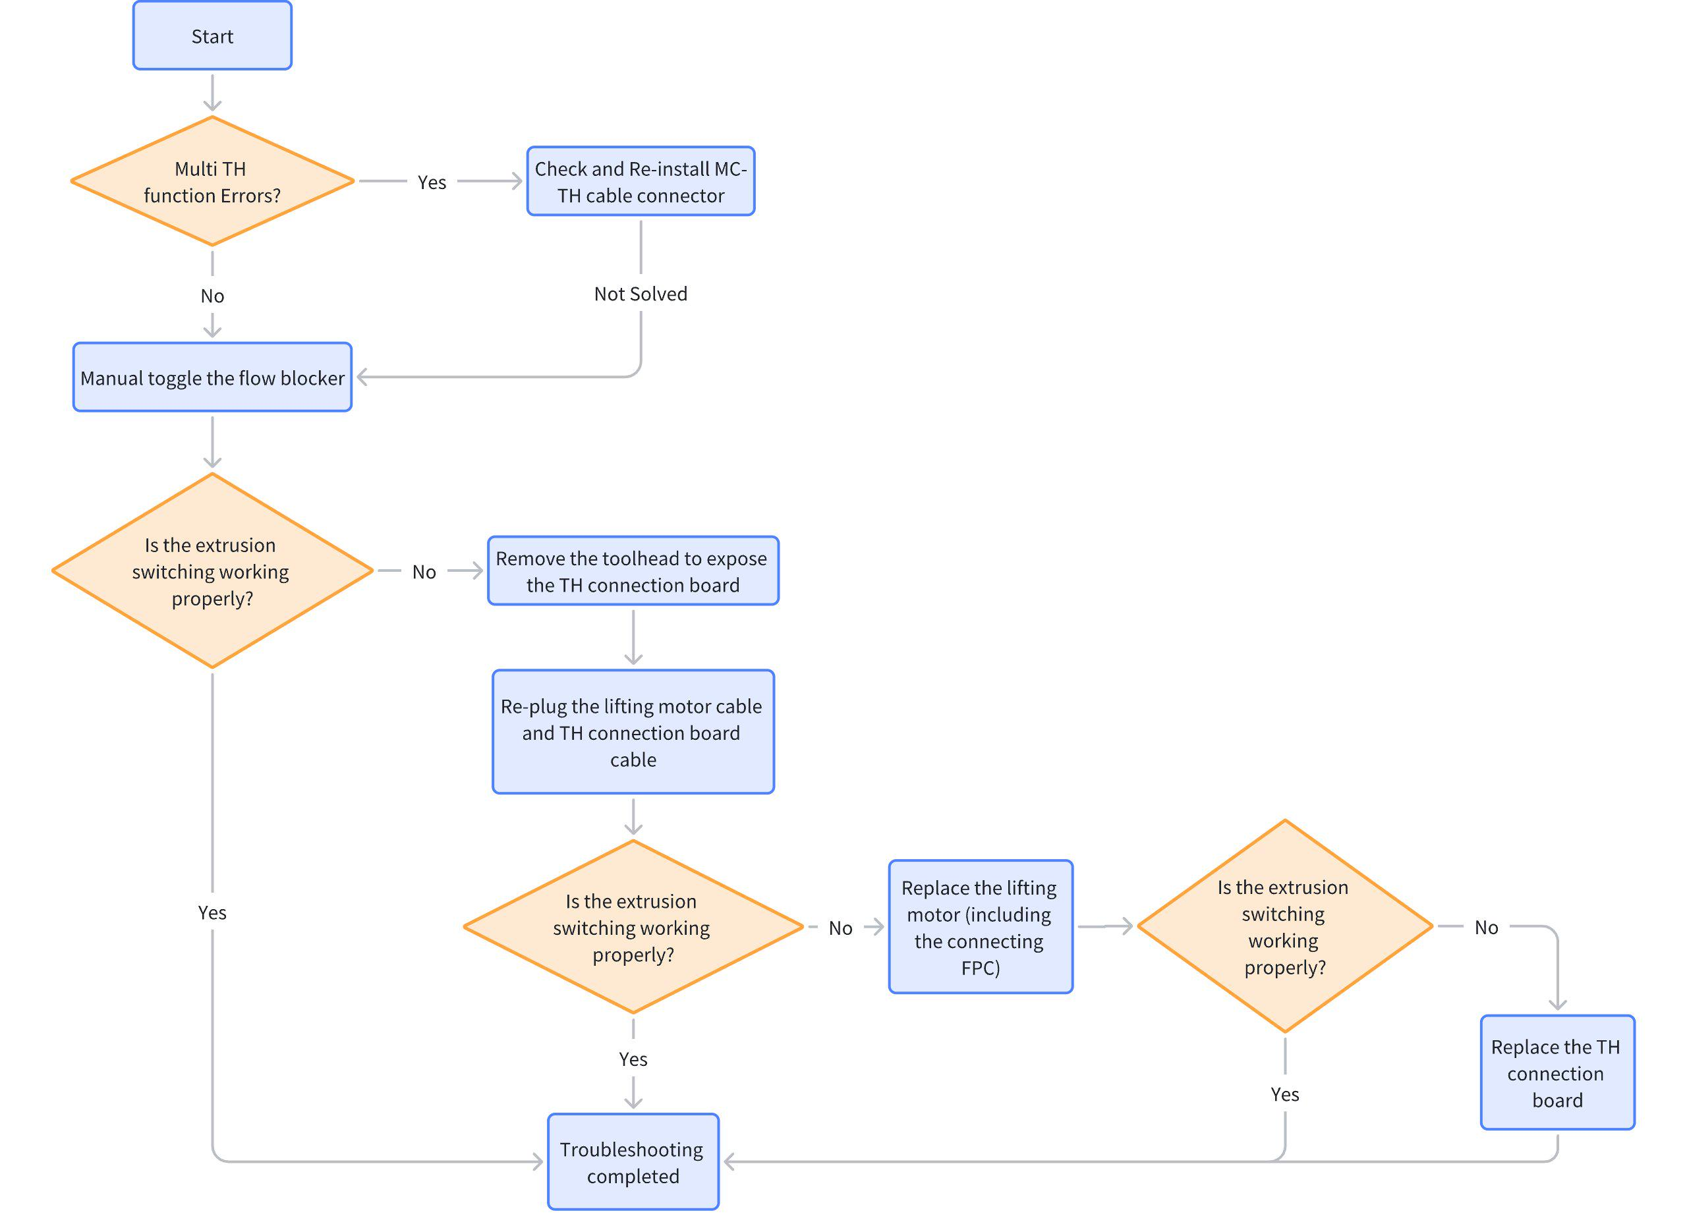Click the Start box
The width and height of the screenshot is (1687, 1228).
pyautogui.click(x=212, y=36)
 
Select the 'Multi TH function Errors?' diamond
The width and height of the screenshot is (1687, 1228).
pyautogui.click(x=212, y=181)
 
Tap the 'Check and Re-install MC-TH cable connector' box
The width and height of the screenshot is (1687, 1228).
pyautogui.click(x=641, y=181)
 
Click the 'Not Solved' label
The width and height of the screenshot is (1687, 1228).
pyautogui.click(x=641, y=294)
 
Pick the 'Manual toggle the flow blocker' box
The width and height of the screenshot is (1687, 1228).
pyautogui.click(x=212, y=377)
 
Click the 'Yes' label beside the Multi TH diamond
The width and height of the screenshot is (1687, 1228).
pyautogui.click(x=432, y=182)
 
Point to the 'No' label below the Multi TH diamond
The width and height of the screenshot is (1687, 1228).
pyautogui.click(x=212, y=296)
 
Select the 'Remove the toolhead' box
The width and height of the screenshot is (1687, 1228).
pyautogui.click(x=633, y=571)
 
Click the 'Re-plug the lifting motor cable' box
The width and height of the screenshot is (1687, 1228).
pyautogui.click(x=633, y=732)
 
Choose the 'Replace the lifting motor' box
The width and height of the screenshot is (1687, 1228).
pyautogui.click(x=981, y=927)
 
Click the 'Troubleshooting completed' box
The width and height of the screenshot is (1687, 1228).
pyautogui.click(x=633, y=1162)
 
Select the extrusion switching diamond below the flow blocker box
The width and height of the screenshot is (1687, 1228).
pyautogui.click(x=212, y=571)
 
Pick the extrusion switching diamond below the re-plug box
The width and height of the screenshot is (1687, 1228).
pyautogui.click(x=633, y=927)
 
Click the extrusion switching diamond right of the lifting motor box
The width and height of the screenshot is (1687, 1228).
pyautogui.click(x=1284, y=926)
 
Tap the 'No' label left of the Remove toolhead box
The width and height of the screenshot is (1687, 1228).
pyautogui.click(x=424, y=572)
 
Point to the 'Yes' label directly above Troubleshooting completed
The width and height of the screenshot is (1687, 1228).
pyautogui.click(x=633, y=1059)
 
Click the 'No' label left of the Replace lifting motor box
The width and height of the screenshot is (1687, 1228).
pyautogui.click(x=840, y=928)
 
